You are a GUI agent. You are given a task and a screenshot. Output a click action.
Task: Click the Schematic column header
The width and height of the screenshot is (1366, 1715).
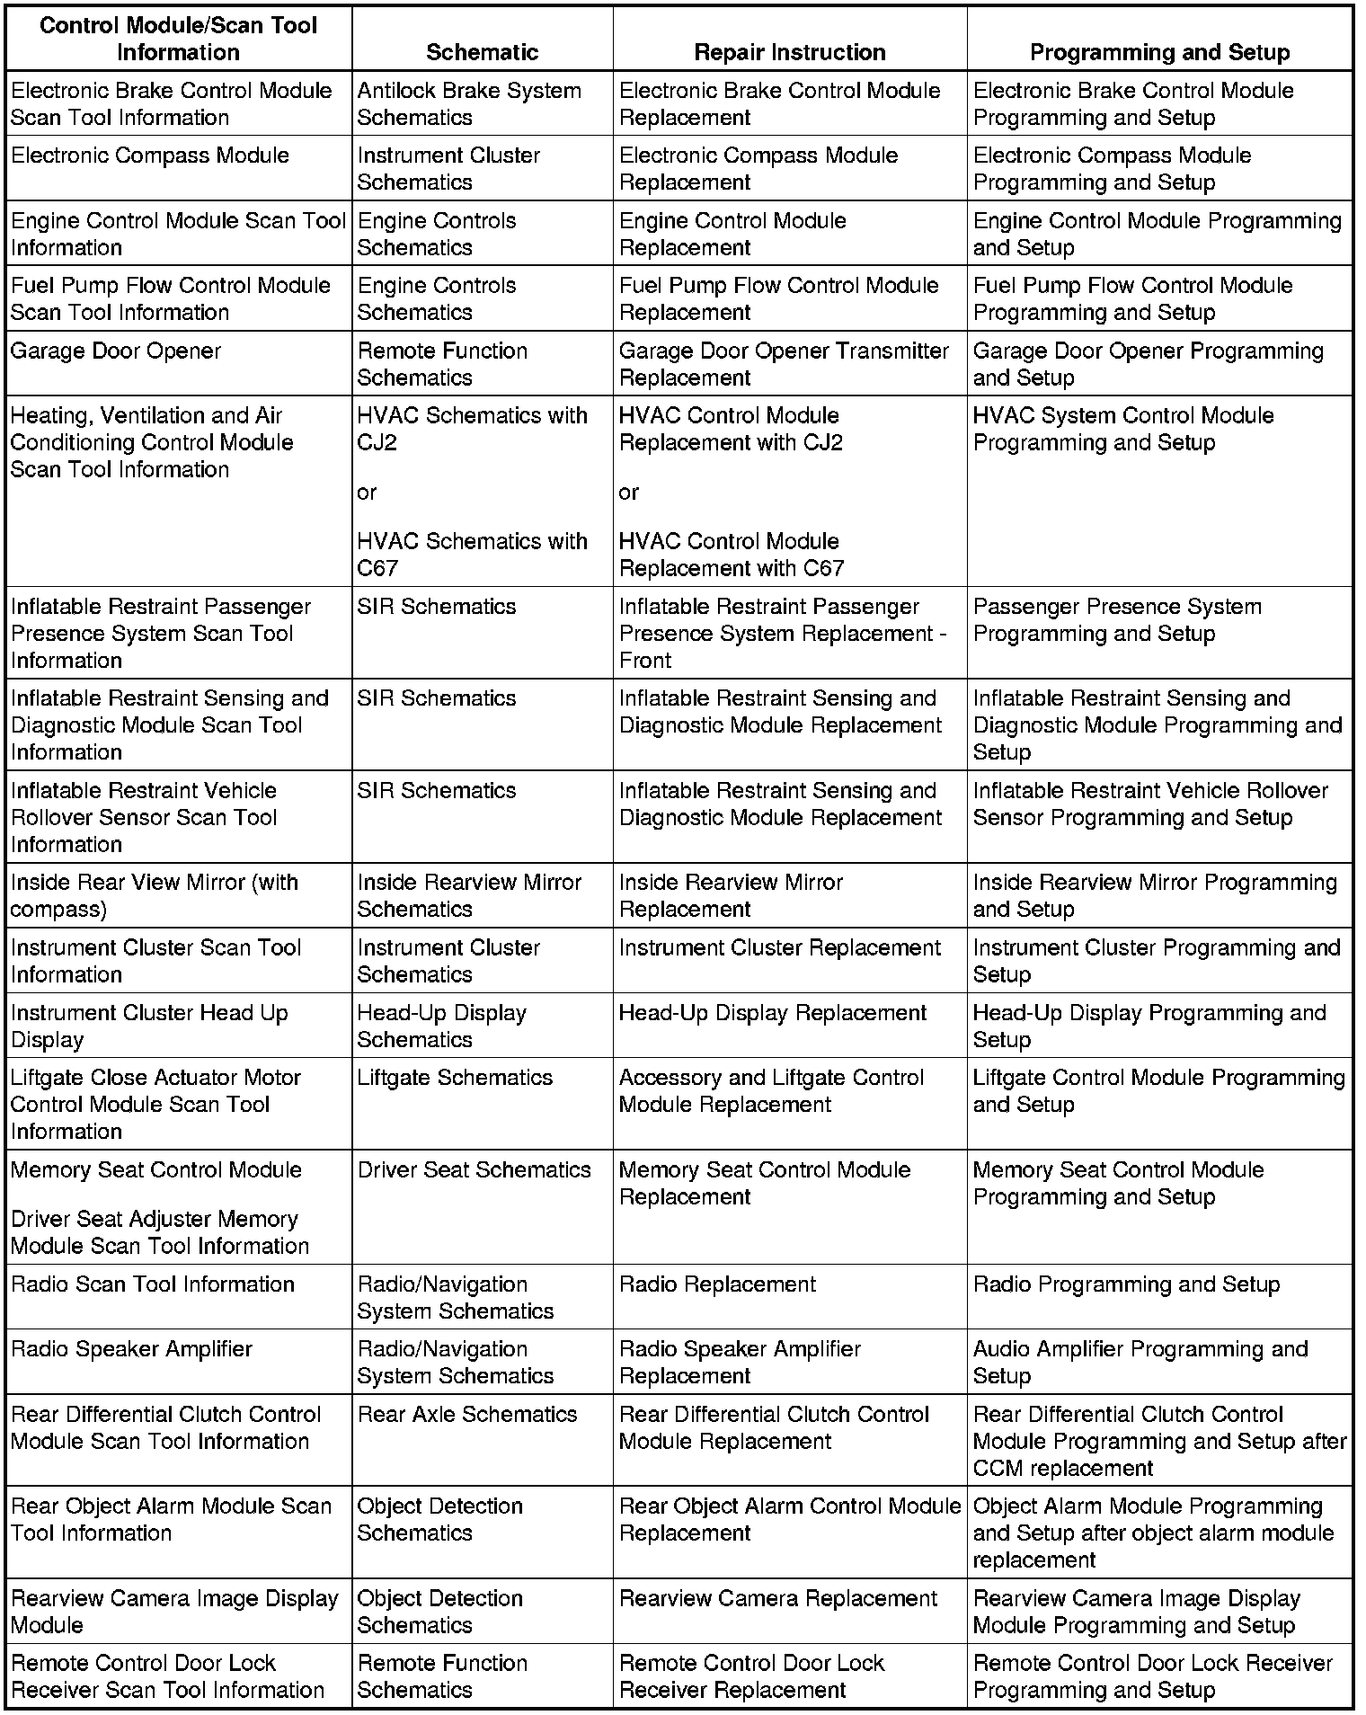click(482, 52)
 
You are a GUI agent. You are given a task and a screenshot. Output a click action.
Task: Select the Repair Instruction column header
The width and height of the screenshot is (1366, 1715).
click(789, 52)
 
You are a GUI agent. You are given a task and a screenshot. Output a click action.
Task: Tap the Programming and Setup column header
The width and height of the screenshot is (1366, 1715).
click(1159, 52)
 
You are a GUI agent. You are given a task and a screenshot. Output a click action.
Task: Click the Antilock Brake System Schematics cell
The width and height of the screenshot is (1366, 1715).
click(469, 103)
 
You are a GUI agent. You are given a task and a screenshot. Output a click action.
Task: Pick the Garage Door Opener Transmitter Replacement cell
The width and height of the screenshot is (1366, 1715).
click(784, 364)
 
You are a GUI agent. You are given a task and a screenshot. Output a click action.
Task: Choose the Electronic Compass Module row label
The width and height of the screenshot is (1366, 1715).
click(150, 156)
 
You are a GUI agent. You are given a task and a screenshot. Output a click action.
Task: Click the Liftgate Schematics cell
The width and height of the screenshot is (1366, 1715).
click(455, 1078)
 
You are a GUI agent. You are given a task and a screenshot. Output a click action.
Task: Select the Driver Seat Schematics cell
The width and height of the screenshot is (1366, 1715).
click(474, 1170)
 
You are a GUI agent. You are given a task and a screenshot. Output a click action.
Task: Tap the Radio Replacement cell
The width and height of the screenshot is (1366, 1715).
click(717, 1284)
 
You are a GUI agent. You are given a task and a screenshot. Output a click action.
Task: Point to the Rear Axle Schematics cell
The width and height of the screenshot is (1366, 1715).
click(466, 1415)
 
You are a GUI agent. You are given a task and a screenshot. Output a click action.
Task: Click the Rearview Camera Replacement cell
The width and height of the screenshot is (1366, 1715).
click(778, 1599)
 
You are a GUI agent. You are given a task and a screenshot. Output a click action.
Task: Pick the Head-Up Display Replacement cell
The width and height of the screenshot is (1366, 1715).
click(772, 1013)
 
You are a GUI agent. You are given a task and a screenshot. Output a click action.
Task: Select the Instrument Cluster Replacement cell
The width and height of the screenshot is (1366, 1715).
click(779, 948)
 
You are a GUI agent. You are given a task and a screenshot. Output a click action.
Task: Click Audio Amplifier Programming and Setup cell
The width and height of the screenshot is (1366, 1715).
click(1140, 1363)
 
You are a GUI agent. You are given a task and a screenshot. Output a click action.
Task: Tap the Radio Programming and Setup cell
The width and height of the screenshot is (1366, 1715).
click(1126, 1284)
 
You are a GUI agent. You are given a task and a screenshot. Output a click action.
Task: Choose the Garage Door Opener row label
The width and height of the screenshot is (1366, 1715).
click(116, 351)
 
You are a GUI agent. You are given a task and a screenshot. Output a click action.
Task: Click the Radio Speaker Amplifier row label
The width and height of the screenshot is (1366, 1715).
click(131, 1349)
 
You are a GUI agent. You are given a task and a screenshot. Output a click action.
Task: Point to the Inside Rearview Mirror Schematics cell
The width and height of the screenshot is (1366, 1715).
click(469, 895)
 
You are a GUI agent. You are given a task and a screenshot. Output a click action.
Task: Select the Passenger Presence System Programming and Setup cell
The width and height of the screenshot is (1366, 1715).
click(1117, 620)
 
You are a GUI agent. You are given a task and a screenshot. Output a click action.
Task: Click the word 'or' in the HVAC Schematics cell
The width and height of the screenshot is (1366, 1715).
click(367, 493)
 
